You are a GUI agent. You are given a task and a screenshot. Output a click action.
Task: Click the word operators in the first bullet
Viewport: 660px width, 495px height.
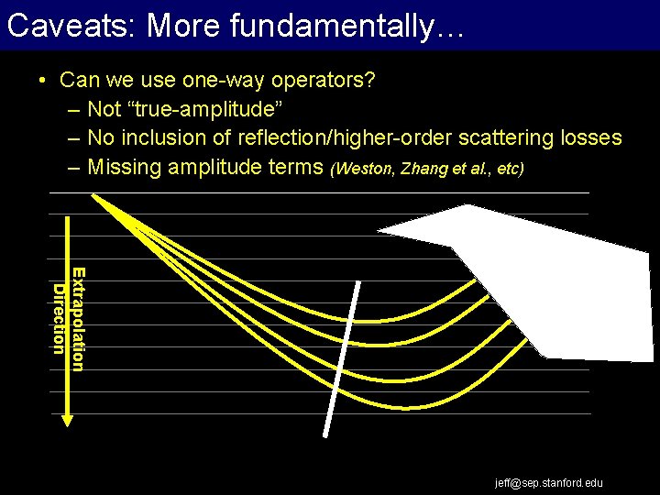(324, 80)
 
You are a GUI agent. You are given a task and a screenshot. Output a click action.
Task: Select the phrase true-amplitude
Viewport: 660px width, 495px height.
(185, 109)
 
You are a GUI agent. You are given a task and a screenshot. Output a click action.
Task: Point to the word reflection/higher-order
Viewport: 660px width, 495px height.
(336, 138)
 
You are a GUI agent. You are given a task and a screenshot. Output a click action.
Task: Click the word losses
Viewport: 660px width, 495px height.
(589, 138)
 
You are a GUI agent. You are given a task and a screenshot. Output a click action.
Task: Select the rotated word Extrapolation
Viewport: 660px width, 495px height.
(79, 319)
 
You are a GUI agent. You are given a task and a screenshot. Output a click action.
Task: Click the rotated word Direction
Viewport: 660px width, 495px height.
(59, 319)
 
